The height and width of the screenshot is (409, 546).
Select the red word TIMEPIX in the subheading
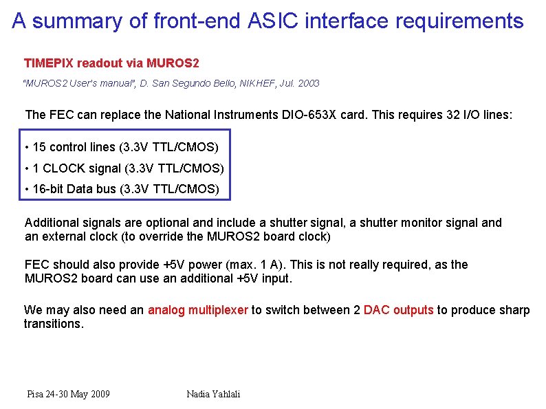click(x=49, y=63)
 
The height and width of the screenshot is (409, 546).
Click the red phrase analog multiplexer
click(x=197, y=310)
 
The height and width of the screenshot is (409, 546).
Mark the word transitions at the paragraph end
click(x=54, y=324)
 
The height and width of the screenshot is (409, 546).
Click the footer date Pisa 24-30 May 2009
click(x=68, y=394)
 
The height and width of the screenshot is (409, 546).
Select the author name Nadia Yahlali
click(x=213, y=394)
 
